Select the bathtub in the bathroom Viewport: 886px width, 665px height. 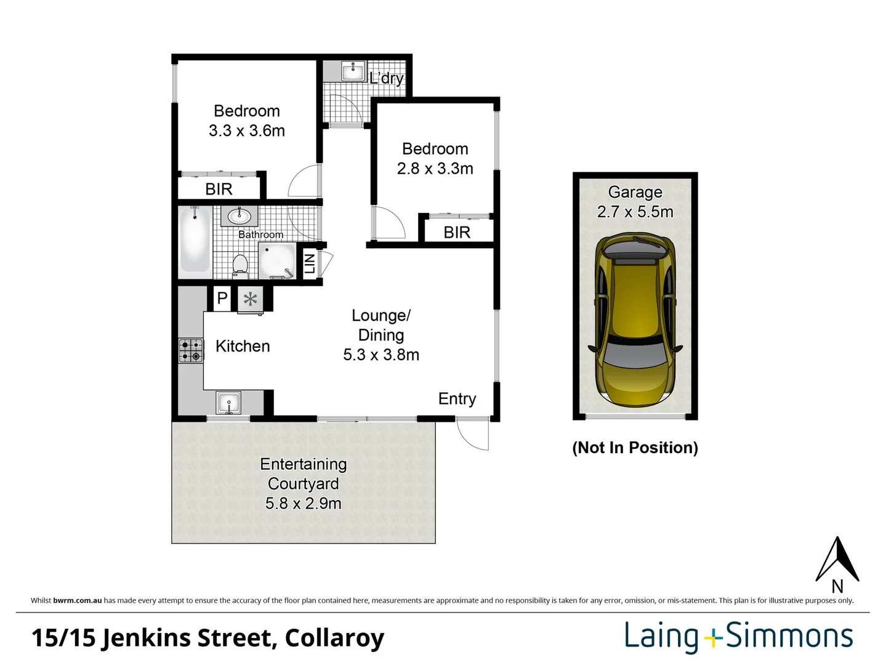(x=195, y=241)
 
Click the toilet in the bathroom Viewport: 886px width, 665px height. (x=240, y=265)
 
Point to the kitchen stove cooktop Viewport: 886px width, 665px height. (x=191, y=350)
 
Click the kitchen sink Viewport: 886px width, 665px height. (x=228, y=404)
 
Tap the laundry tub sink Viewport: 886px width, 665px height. (x=353, y=71)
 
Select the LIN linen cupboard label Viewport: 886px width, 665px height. (x=310, y=264)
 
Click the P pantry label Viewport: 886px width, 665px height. (x=222, y=298)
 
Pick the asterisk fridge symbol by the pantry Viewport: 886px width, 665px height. (x=250, y=300)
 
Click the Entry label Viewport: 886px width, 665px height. (x=457, y=399)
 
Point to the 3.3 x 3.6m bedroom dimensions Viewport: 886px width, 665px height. (x=246, y=131)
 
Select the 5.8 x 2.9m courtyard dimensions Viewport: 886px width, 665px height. (x=303, y=504)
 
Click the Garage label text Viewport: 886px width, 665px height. (x=635, y=192)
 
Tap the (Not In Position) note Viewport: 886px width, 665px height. (x=635, y=448)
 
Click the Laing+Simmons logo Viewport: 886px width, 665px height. (x=738, y=637)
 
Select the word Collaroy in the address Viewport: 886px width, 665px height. (x=334, y=638)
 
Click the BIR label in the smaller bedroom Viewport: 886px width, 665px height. (x=457, y=232)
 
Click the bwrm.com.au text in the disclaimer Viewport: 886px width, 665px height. (x=77, y=600)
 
